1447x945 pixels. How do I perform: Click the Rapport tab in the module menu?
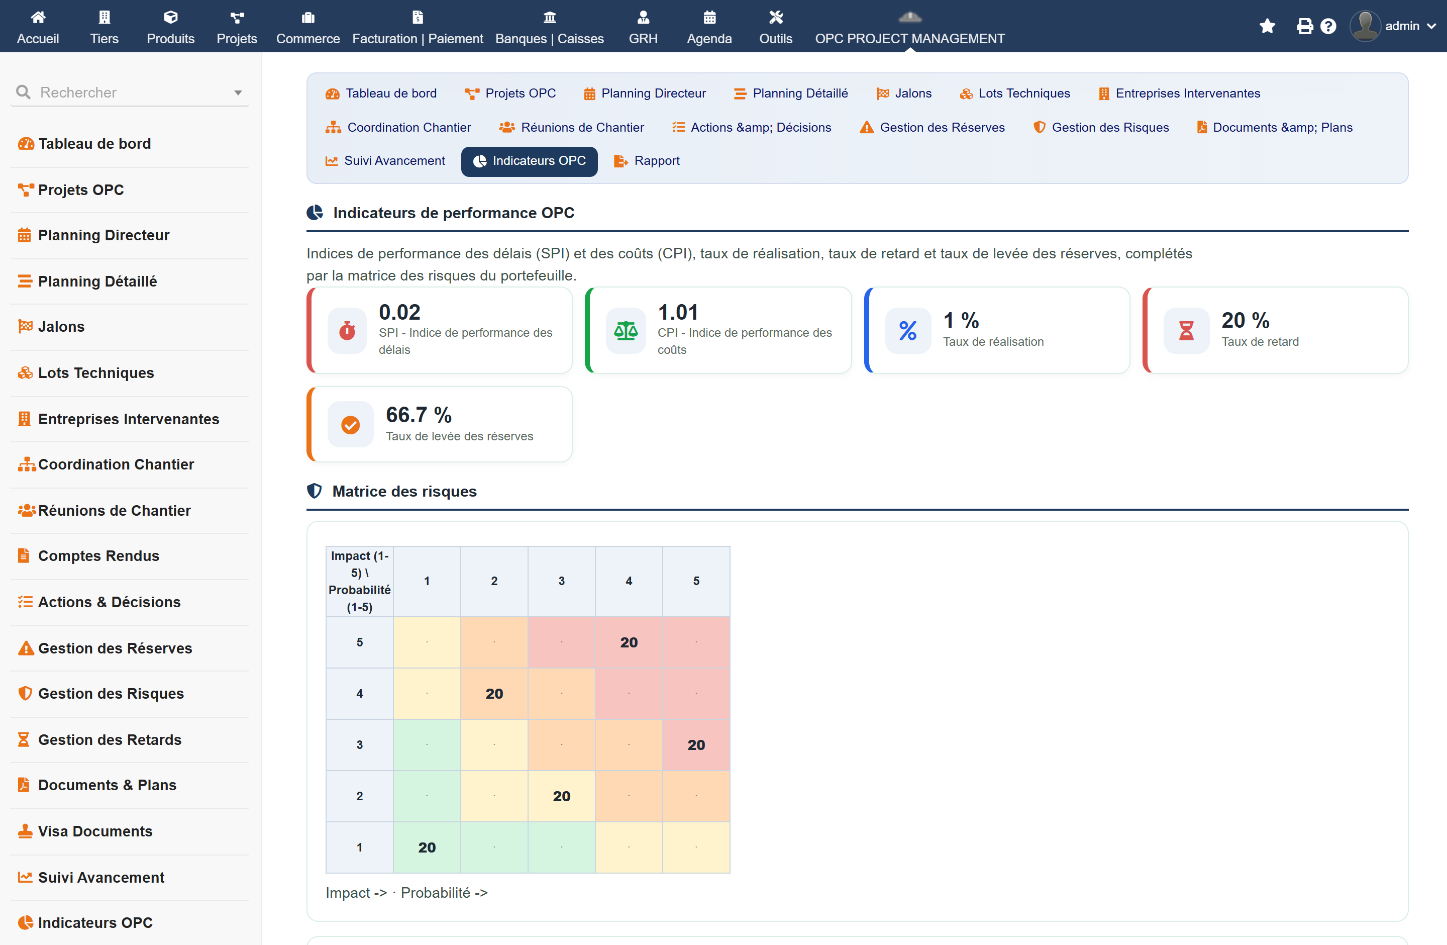(x=647, y=160)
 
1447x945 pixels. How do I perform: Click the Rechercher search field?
(x=131, y=92)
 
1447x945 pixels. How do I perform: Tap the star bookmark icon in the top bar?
(x=1267, y=26)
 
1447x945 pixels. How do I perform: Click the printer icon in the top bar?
(x=1304, y=26)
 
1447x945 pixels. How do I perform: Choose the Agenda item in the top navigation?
(x=709, y=27)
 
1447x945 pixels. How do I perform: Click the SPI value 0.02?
(x=399, y=312)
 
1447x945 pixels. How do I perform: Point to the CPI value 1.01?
(x=678, y=312)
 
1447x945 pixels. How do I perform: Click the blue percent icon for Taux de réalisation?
(x=908, y=330)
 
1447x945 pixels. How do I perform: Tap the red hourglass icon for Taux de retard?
(x=1186, y=330)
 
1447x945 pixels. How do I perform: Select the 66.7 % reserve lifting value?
(x=419, y=415)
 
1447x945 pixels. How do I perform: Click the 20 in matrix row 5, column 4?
(x=629, y=642)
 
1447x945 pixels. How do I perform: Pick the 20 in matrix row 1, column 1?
(x=427, y=847)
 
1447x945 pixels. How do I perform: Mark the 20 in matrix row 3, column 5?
(x=696, y=745)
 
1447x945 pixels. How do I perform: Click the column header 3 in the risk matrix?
(x=561, y=581)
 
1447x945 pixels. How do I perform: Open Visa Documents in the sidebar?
(x=95, y=831)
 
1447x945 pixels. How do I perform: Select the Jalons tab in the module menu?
(x=904, y=93)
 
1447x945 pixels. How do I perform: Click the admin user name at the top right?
(x=1402, y=26)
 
